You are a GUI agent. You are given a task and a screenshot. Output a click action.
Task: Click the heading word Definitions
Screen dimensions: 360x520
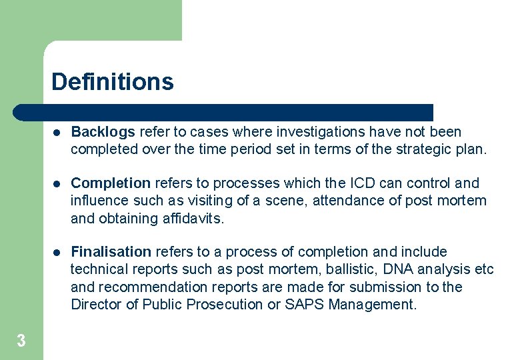[x=113, y=82]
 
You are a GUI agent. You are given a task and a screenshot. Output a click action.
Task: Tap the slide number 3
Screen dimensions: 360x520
[x=21, y=341]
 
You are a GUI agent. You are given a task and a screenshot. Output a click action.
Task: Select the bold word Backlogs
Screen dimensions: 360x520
[x=103, y=132]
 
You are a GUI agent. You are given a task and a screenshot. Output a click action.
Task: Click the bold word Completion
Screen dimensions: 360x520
[x=111, y=183]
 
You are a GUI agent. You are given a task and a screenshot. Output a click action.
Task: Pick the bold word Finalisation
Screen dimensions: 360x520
[x=111, y=252]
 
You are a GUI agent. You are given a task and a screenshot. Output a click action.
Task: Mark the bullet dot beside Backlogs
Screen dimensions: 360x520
[x=57, y=133]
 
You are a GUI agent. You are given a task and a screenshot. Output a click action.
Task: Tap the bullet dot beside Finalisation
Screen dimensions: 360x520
[x=57, y=253]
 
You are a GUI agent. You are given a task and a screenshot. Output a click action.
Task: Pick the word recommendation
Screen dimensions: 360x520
[x=147, y=287]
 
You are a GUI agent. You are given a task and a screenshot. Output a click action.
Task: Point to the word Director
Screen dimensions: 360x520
[x=94, y=305]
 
